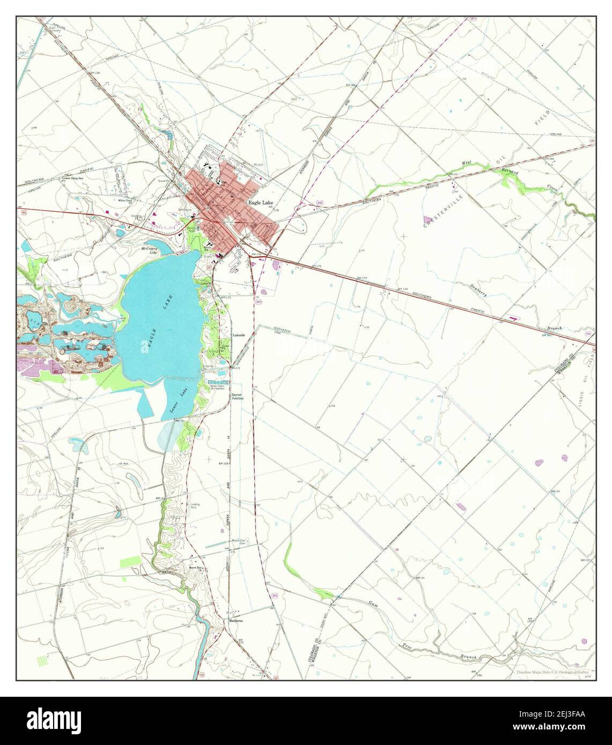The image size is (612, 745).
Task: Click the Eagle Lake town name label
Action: [x=260, y=203]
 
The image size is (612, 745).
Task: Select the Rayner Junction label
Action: [x=237, y=397]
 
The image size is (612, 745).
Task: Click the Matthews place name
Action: [x=236, y=621]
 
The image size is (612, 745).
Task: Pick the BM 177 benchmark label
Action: [x=361, y=279]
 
